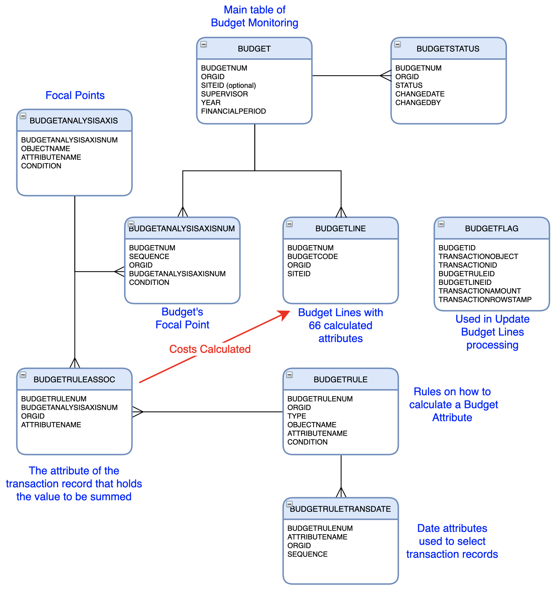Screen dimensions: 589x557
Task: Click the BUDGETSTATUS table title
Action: [x=448, y=49]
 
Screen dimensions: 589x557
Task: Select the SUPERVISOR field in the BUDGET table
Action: [x=224, y=94]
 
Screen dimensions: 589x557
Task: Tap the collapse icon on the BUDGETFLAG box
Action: [x=441, y=224]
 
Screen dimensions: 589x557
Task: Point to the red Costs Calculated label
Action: [x=210, y=349]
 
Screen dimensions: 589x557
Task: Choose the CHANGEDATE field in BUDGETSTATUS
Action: [x=420, y=94]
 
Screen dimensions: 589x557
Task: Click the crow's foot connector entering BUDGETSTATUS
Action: [x=386, y=76]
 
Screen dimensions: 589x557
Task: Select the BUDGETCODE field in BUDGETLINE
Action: [x=312, y=257]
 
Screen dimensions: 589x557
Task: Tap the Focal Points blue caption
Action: [x=75, y=95]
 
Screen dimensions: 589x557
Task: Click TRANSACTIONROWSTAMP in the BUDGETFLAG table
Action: [x=485, y=300]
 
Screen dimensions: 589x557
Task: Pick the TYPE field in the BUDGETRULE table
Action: [x=296, y=416]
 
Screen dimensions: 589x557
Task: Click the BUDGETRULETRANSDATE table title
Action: [x=340, y=509]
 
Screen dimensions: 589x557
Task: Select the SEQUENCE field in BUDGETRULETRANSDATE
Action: [x=307, y=555]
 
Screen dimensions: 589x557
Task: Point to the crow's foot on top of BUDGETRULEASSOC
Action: [x=75, y=363]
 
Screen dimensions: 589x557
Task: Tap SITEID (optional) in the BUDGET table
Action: [x=228, y=85]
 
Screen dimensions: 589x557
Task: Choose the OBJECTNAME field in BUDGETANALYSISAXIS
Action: [x=45, y=149]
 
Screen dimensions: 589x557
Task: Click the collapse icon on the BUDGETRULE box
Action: [x=289, y=375]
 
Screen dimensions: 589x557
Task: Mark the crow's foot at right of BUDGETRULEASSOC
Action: [x=138, y=412]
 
